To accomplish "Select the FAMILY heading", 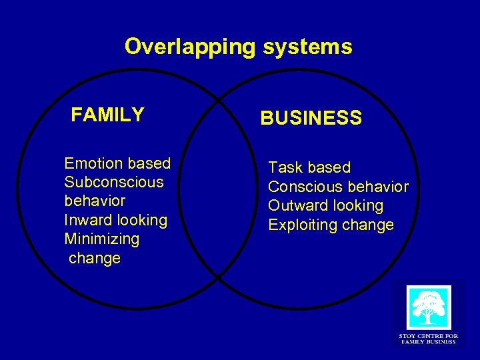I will tap(107, 115).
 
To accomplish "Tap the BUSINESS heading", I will tap(311, 119).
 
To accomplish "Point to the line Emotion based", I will tap(117, 163).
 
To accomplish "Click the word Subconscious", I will tap(113, 182).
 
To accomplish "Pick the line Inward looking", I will tap(115, 220).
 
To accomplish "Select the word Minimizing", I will tap(101, 239).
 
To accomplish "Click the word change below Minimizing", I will tap(95, 258).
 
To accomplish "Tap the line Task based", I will tap(309, 167).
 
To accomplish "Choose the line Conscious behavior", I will tap(338, 187).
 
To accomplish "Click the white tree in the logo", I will tap(429, 307).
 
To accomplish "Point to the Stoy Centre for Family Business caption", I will tap(428, 339).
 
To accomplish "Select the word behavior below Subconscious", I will tap(95, 201).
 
